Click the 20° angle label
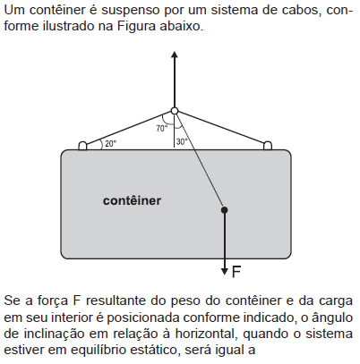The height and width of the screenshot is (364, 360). [x=110, y=144]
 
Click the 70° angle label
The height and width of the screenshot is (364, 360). [x=162, y=129]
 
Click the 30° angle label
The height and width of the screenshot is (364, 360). [x=182, y=142]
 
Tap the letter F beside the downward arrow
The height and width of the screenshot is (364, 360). [x=236, y=272]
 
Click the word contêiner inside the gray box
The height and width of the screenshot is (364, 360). [x=132, y=200]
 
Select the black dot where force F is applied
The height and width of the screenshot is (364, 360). [x=225, y=210]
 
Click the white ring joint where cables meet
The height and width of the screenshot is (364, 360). [x=175, y=111]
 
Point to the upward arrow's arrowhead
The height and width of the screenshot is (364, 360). [x=175, y=55]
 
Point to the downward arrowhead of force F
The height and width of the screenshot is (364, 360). [x=225, y=272]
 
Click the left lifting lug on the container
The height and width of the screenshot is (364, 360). [x=82, y=146]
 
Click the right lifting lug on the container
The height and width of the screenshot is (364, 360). [x=268, y=146]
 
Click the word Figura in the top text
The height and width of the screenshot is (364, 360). [x=136, y=26]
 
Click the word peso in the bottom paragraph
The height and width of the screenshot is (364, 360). [x=186, y=301]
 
